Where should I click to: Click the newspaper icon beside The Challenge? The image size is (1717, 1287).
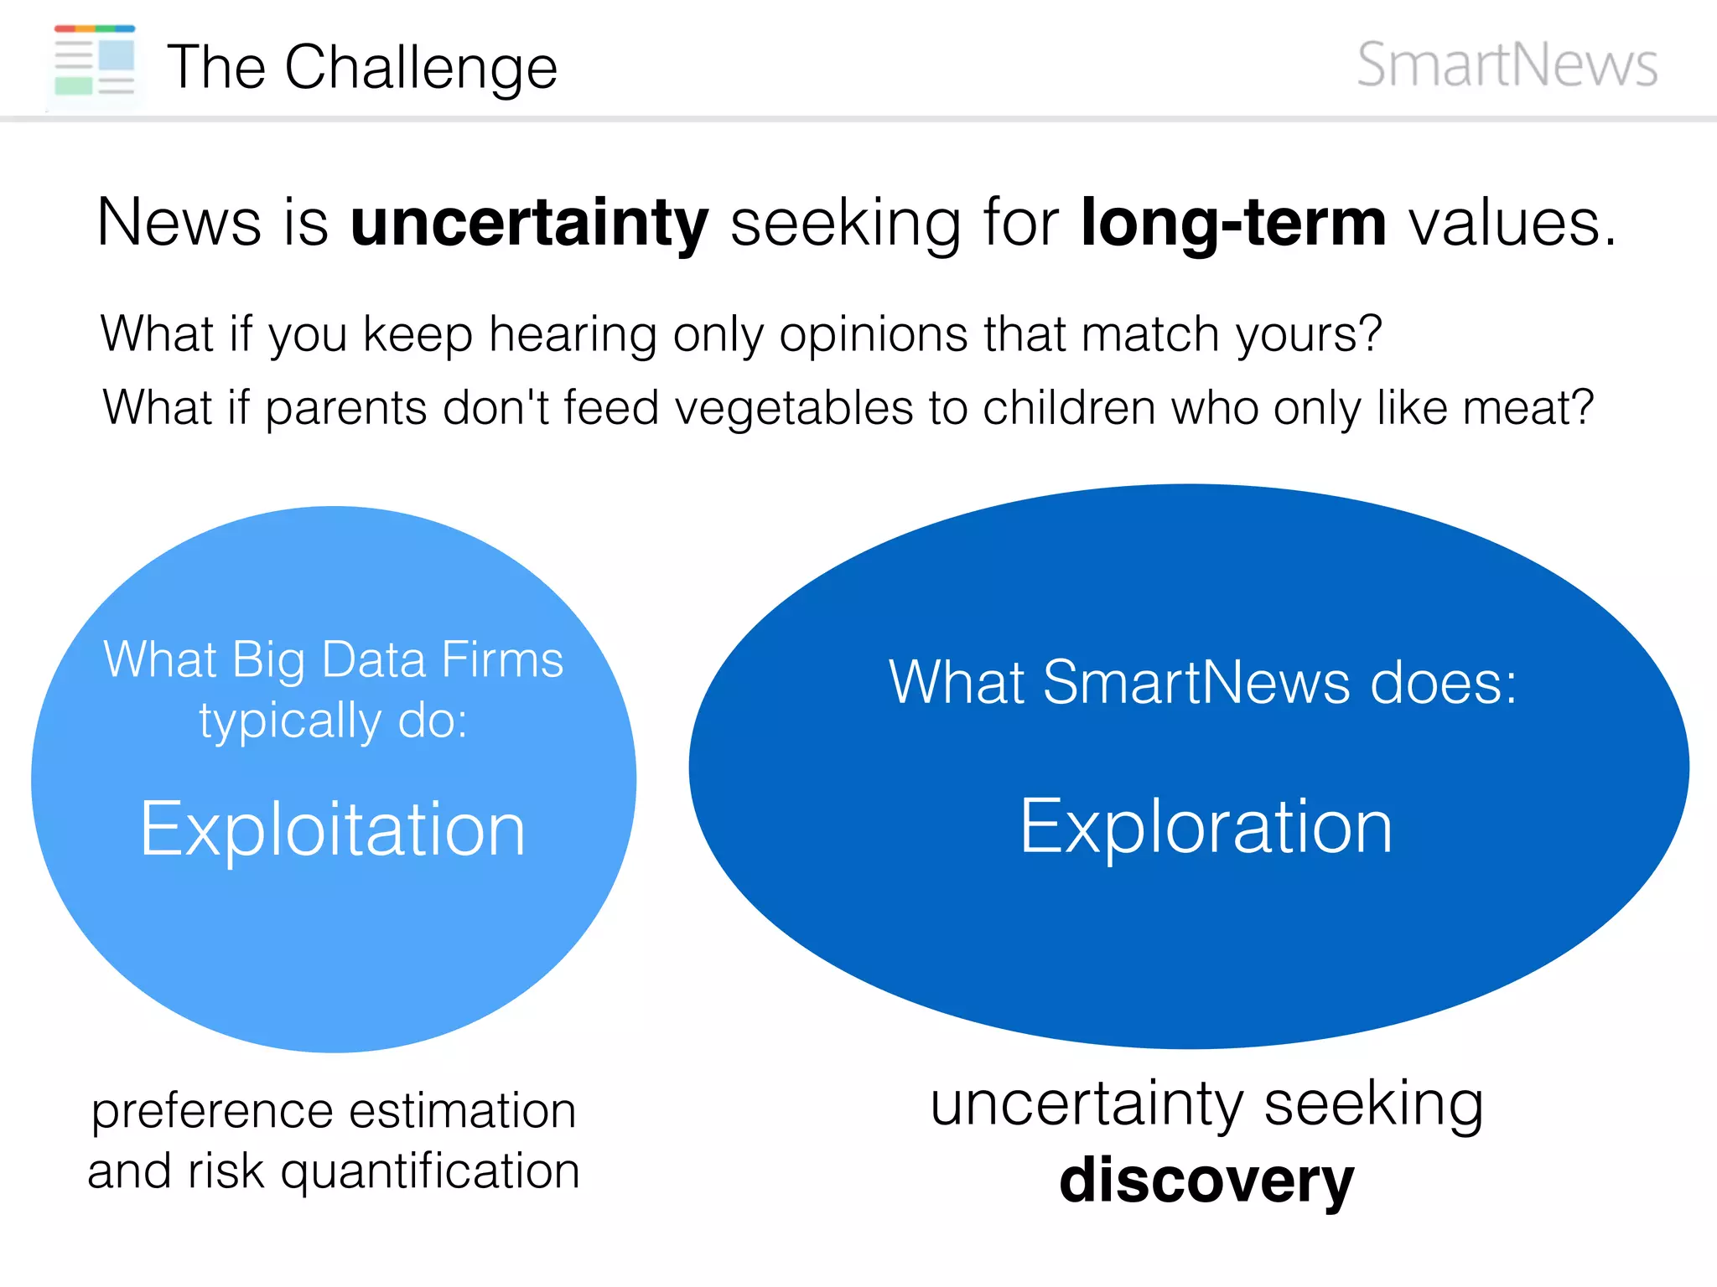click(x=95, y=60)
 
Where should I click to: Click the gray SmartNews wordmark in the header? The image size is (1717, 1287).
click(x=1507, y=65)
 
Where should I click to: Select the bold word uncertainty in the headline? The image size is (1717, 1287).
click(x=529, y=224)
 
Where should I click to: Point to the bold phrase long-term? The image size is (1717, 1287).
click(x=1233, y=224)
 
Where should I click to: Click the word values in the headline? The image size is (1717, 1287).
click(x=1512, y=224)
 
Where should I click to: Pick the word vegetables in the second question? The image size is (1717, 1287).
click(x=794, y=409)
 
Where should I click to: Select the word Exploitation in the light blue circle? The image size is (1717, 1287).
click(x=333, y=830)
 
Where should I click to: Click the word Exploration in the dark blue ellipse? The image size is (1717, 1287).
click(x=1206, y=828)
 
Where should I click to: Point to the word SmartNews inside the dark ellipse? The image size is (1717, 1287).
click(x=1196, y=682)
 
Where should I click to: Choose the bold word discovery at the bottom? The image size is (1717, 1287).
click(x=1206, y=1180)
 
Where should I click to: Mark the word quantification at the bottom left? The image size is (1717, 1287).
click(x=430, y=1171)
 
